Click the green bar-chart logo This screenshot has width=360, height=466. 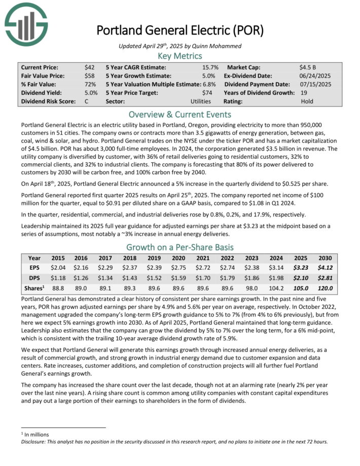tap(26, 24)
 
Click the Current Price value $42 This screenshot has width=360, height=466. tap(89, 67)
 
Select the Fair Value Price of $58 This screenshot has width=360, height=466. tap(89, 76)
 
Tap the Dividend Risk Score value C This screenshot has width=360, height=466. tap(87, 101)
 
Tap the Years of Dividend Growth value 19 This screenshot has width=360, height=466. tap(303, 93)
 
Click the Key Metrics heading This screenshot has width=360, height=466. tap(180, 56)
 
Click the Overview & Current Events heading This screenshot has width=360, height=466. tap(180, 114)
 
